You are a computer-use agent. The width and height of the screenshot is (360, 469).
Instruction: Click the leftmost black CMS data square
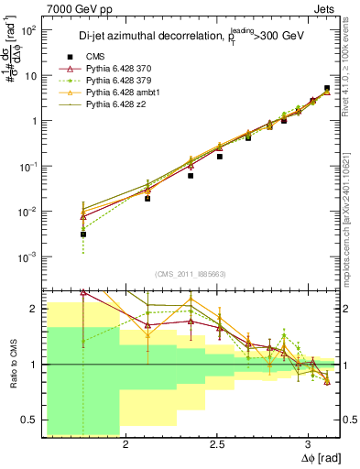(x=83, y=234)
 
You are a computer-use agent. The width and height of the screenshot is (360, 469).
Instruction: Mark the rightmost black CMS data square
(x=327, y=89)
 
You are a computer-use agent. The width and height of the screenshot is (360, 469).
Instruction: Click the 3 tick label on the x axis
(x=309, y=444)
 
